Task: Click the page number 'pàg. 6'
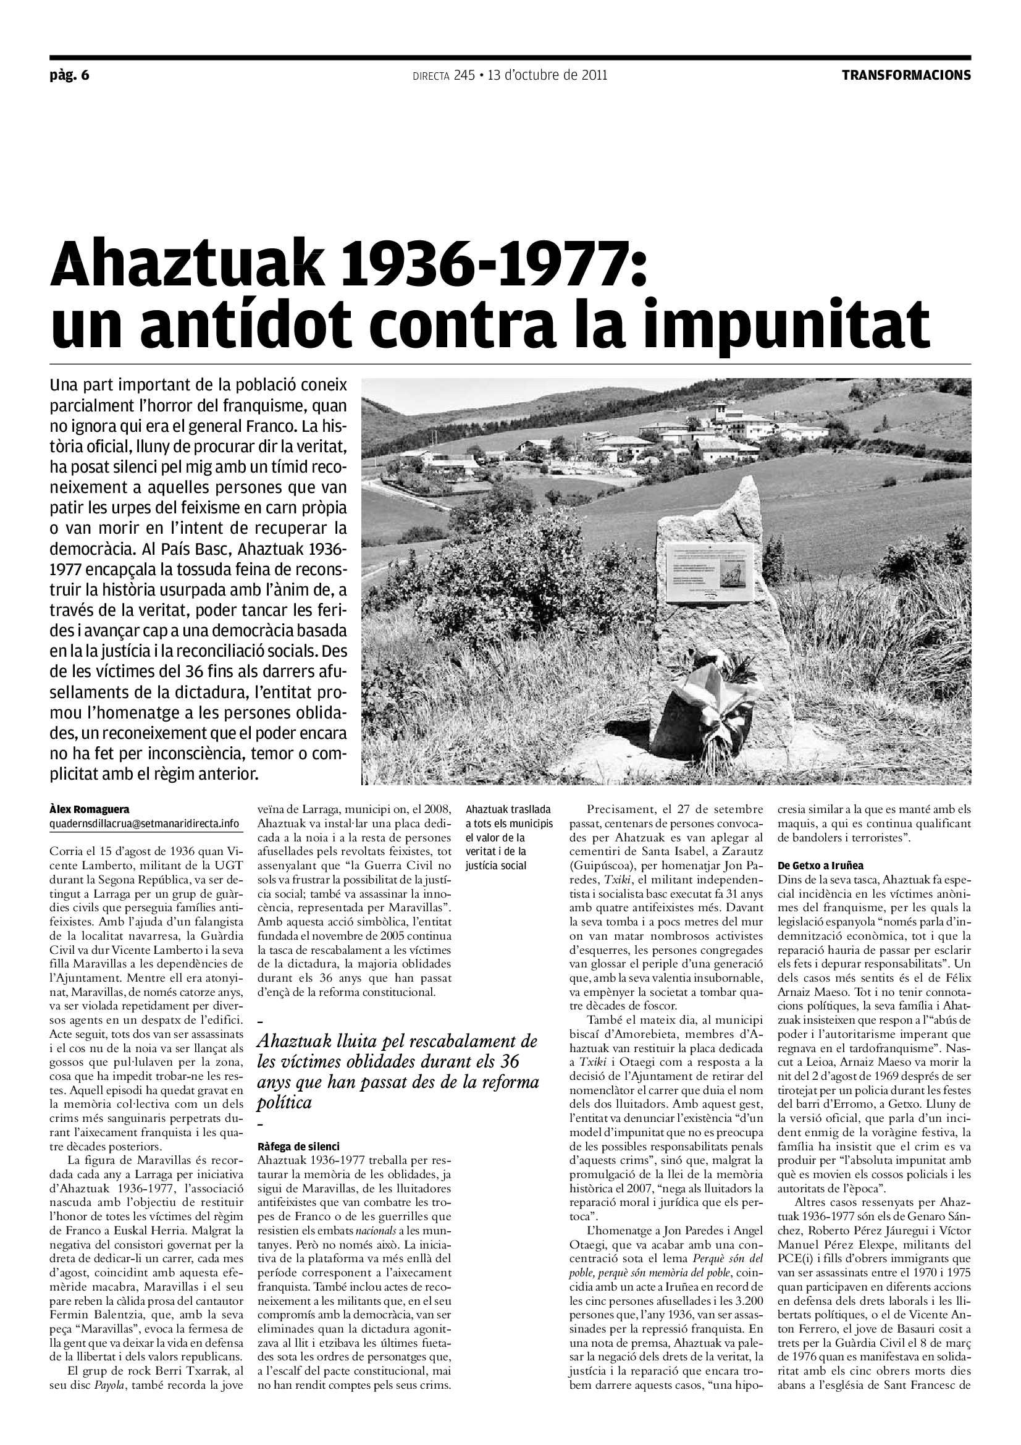(70, 75)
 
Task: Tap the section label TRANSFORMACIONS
(907, 75)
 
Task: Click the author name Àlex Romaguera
(90, 809)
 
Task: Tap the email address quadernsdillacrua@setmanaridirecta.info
(144, 823)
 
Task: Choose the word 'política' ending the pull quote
(284, 1103)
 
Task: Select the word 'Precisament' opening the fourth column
(621, 809)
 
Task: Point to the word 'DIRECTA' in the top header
(431, 76)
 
